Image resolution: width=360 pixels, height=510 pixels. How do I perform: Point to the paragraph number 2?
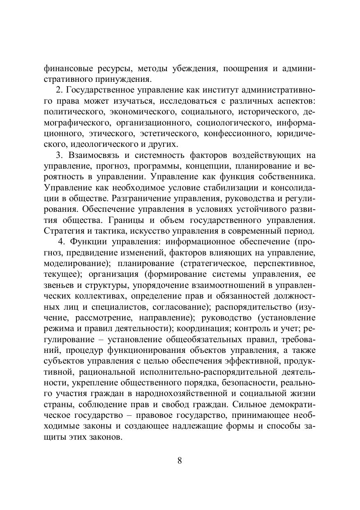pyautogui.click(x=58, y=90)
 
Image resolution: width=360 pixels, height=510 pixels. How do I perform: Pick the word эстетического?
pyautogui.click(x=167, y=133)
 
